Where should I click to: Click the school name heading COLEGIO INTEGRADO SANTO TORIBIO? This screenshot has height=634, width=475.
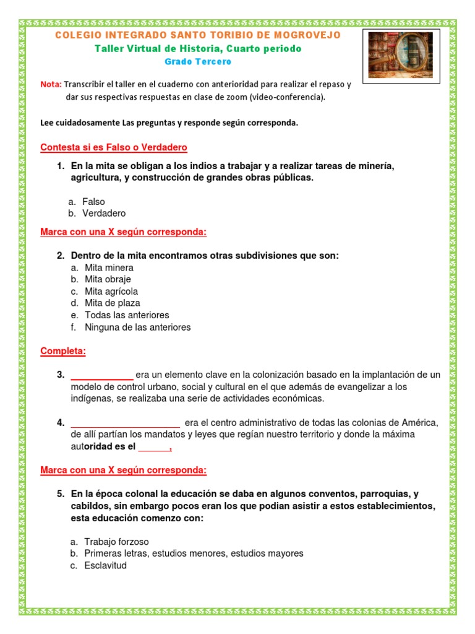198,35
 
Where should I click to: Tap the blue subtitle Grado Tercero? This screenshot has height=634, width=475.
197,62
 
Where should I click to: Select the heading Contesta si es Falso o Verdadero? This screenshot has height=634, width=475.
114,147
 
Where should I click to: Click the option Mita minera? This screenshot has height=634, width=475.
109,267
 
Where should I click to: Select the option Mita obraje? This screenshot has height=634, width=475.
108,279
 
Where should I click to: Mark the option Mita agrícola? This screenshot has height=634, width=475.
111,291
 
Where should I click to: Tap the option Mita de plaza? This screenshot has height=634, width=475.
112,303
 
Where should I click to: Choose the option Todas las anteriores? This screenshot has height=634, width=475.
126,315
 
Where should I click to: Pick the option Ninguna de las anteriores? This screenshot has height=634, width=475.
137,327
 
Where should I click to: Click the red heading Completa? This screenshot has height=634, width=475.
63,351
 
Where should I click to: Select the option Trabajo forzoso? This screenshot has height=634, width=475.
116,542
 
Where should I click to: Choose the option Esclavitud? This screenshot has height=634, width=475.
105,565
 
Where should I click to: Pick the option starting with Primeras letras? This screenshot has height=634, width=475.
194,554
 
